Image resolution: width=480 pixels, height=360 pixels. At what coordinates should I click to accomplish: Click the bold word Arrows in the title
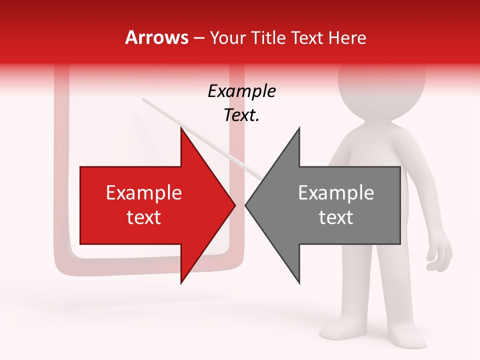pos(156,37)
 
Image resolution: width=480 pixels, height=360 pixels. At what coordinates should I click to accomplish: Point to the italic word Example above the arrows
pos(241,91)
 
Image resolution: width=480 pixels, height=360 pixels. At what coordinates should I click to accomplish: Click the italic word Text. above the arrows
pos(241,115)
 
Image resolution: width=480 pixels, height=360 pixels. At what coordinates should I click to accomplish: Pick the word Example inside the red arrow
pos(143,192)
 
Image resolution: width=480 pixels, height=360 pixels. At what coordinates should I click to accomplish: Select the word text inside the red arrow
pos(143,217)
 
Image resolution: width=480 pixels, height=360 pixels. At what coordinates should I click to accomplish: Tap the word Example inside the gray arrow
pos(336,192)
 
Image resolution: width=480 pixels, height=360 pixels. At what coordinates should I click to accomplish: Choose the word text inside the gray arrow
pos(336,217)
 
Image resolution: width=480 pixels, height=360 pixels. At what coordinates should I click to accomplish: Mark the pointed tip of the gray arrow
pos(246,205)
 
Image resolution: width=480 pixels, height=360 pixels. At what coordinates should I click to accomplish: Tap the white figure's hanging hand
pos(440,255)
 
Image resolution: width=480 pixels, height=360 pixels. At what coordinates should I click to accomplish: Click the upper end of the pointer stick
pos(143,99)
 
